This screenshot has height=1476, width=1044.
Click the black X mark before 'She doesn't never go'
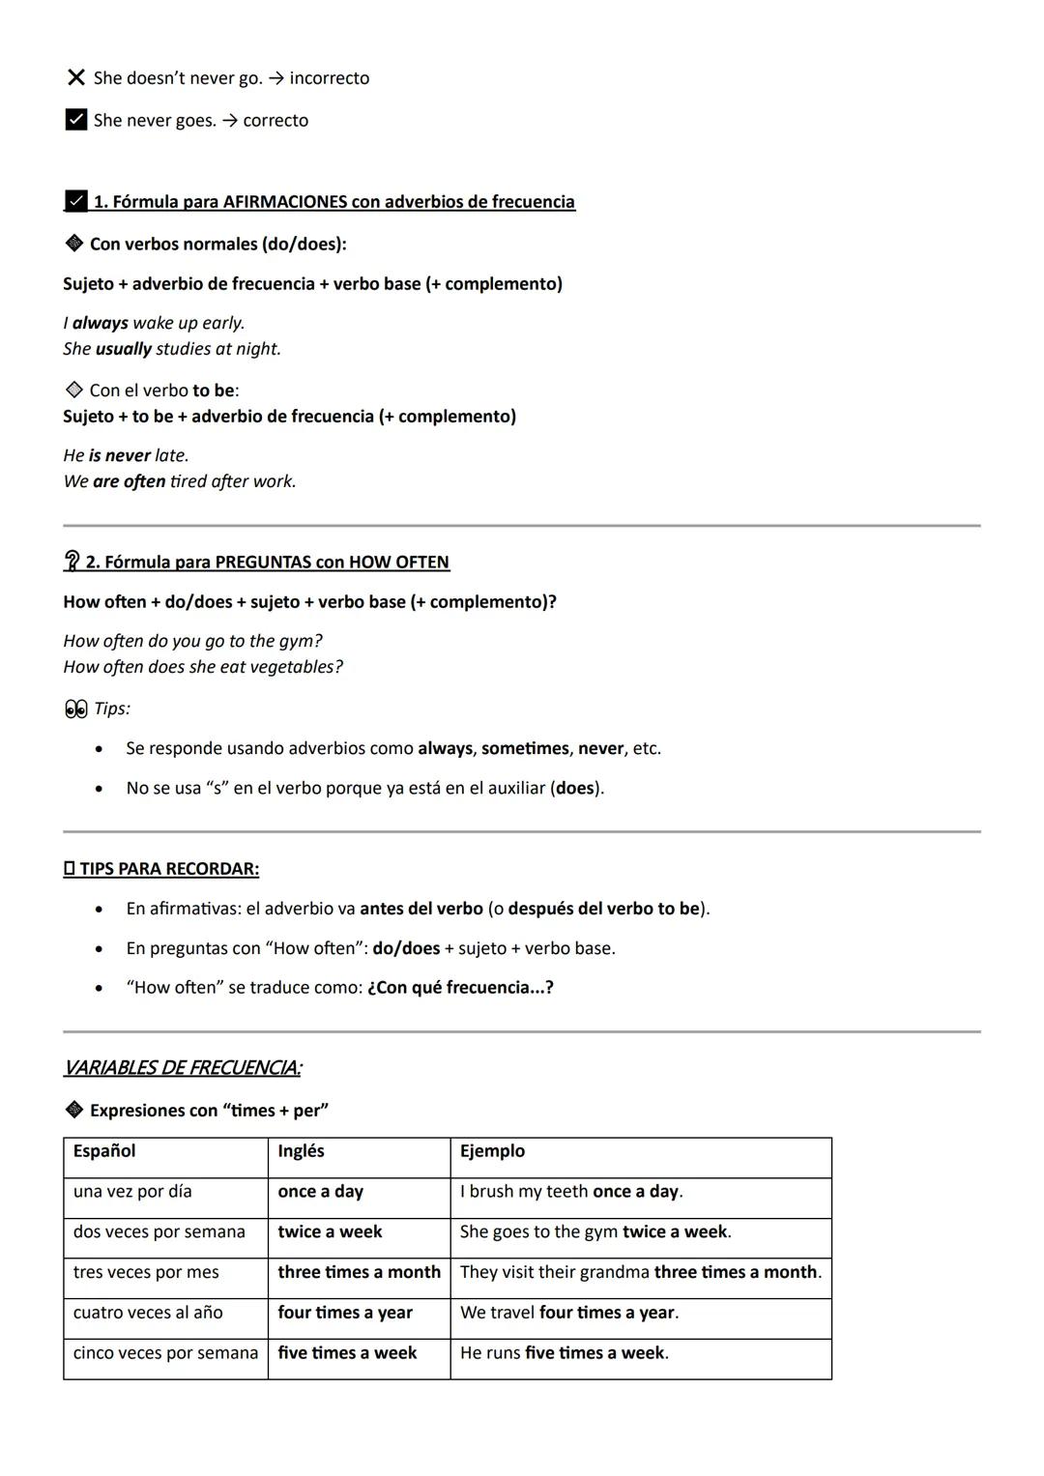[75, 77]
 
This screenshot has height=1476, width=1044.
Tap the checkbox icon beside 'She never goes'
[75, 120]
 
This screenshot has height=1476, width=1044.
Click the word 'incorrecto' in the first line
[329, 78]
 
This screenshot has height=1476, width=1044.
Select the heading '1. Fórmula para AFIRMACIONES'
[333, 201]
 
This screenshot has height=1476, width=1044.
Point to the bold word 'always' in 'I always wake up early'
[100, 323]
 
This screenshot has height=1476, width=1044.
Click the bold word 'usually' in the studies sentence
[124, 349]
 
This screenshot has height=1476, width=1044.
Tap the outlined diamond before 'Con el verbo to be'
[73, 390]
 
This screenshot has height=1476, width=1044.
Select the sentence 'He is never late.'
[126, 455]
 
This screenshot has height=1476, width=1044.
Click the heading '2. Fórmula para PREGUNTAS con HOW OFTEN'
[267, 562]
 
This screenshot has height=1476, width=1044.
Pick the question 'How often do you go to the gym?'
[192, 641]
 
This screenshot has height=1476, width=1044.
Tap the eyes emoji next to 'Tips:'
[75, 709]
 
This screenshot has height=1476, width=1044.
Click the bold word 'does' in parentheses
[575, 788]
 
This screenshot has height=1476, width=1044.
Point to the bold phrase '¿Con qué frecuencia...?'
[460, 988]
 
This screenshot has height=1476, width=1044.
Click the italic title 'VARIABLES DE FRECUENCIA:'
[182, 1068]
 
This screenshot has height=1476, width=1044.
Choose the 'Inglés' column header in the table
[301, 1151]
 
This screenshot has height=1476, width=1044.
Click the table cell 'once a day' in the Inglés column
[320, 1192]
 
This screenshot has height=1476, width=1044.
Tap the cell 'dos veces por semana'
[159, 1232]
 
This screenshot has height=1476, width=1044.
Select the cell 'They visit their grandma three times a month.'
[640, 1272]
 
